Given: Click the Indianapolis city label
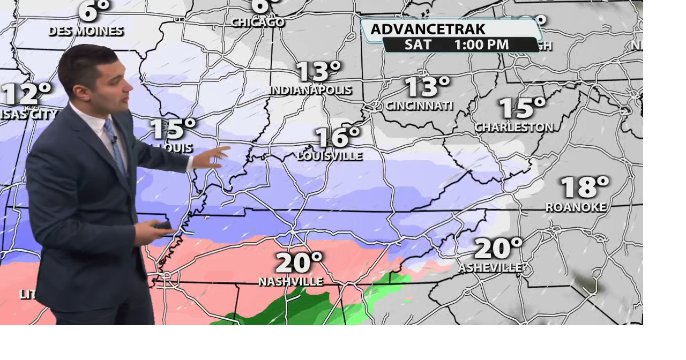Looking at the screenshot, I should click(x=311, y=90).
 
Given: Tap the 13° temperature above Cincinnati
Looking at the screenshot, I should click(x=427, y=86).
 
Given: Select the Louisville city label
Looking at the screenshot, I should click(x=330, y=156).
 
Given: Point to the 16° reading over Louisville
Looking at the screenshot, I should click(x=338, y=137).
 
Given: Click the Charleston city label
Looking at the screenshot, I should click(x=514, y=127).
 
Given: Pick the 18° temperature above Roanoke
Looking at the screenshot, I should click(x=585, y=187).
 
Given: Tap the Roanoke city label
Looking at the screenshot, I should click(x=576, y=207).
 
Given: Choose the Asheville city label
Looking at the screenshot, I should click(x=490, y=267).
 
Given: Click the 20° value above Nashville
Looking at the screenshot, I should click(x=299, y=262).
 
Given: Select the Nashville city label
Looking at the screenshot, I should click(x=291, y=282).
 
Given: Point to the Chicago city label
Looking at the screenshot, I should click(x=258, y=22).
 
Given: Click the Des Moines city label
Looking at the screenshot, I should click(x=86, y=31).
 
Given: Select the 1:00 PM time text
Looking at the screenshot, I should click(x=481, y=45).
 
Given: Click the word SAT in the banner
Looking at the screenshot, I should click(x=418, y=45).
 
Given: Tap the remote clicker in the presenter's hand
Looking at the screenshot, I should click(x=162, y=225).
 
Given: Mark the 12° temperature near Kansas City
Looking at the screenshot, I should click(x=27, y=94).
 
